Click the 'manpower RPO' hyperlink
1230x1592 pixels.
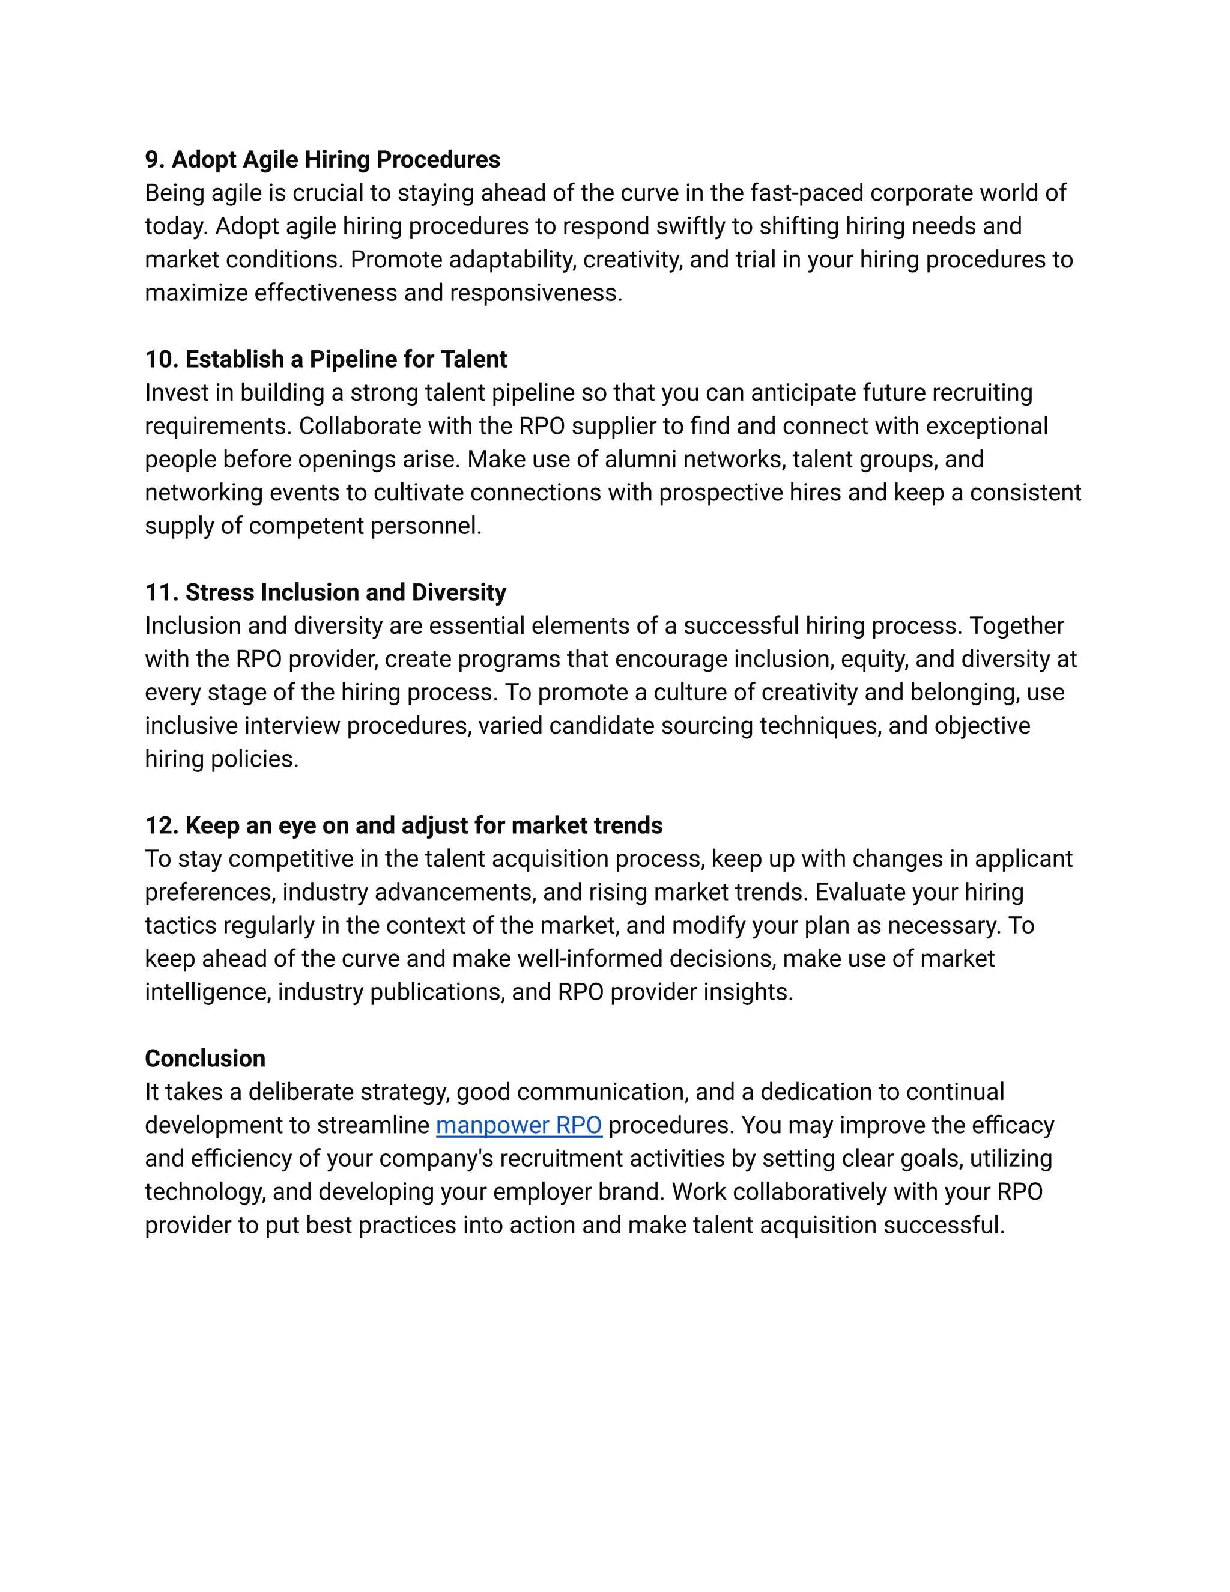click(518, 1125)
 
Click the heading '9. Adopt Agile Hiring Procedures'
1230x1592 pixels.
click(322, 160)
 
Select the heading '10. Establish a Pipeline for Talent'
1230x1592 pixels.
click(326, 359)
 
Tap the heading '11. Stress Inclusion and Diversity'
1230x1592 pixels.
click(325, 592)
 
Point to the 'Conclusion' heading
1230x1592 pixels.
click(205, 1059)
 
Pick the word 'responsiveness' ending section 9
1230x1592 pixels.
click(536, 293)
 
